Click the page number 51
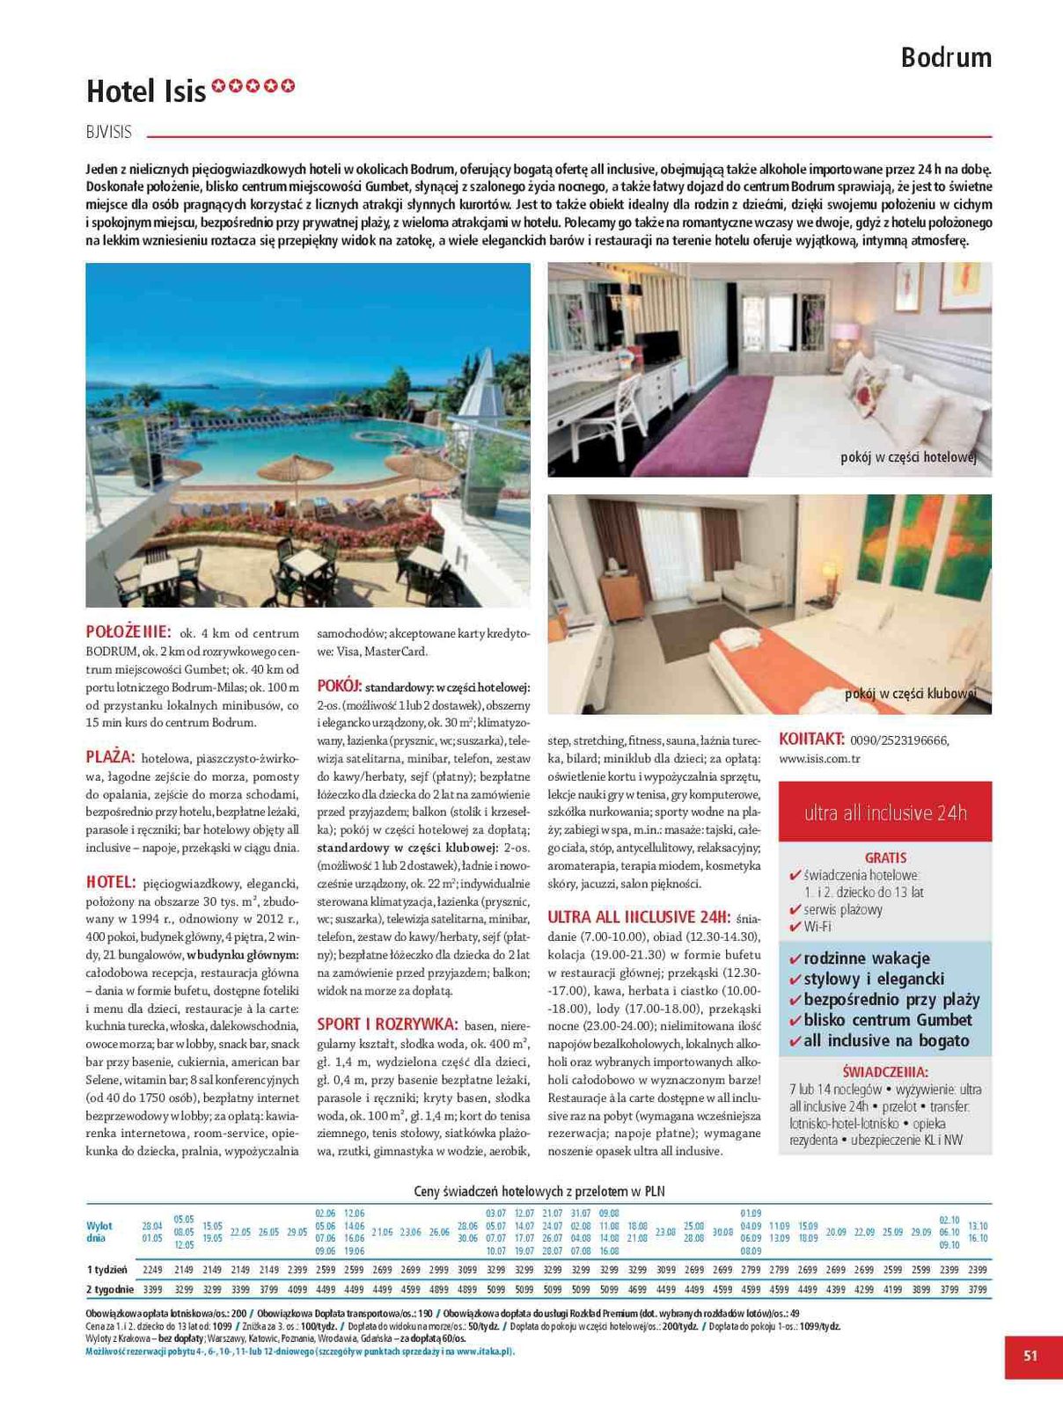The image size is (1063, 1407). (1030, 1356)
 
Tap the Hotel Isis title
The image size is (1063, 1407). (146, 91)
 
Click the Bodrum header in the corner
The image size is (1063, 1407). (946, 58)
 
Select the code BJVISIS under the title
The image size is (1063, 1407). (109, 133)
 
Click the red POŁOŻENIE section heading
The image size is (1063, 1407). (128, 631)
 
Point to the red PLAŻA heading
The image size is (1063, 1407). (110, 757)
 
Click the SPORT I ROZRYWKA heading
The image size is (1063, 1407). (387, 1024)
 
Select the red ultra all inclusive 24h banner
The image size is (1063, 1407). (885, 813)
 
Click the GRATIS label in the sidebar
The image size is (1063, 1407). (885, 857)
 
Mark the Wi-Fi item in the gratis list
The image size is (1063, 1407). (817, 927)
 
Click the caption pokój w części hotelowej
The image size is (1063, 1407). (908, 458)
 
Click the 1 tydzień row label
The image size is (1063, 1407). (107, 1270)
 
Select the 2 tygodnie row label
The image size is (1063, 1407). (110, 1289)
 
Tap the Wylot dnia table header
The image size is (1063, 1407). (99, 1232)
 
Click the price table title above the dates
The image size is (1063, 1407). (539, 1192)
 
